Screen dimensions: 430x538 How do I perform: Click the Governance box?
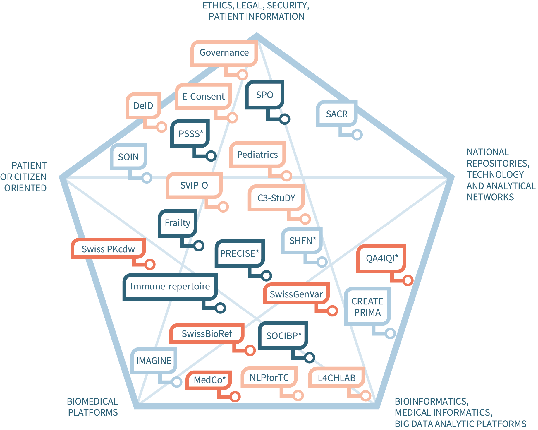click(x=224, y=53)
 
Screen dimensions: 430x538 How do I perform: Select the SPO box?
click(x=264, y=95)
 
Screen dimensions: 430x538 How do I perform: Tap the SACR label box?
click(x=337, y=114)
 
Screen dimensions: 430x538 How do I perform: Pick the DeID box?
click(x=143, y=106)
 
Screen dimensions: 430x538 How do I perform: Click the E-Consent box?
click(x=203, y=96)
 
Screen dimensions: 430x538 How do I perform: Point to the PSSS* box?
click(x=190, y=134)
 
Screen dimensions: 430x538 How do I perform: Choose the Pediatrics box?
click(x=257, y=155)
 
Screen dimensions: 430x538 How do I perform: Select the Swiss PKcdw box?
click(x=108, y=249)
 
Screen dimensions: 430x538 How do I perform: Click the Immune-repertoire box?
click(x=170, y=286)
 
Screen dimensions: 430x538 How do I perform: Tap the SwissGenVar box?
click(x=296, y=294)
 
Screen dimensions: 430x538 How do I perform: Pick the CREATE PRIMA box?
click(x=367, y=306)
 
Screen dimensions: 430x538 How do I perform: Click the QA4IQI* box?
click(x=382, y=258)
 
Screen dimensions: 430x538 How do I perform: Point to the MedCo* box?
click(x=209, y=380)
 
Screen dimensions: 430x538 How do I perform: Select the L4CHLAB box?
click(x=336, y=378)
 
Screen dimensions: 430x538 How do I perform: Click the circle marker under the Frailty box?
click(x=199, y=246)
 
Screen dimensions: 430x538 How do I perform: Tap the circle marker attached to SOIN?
click(x=147, y=178)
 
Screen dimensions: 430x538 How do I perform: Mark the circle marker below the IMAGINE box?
click(x=177, y=382)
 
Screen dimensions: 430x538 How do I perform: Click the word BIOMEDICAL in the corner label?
click(x=92, y=401)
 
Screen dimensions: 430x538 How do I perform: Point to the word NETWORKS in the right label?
click(x=490, y=197)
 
